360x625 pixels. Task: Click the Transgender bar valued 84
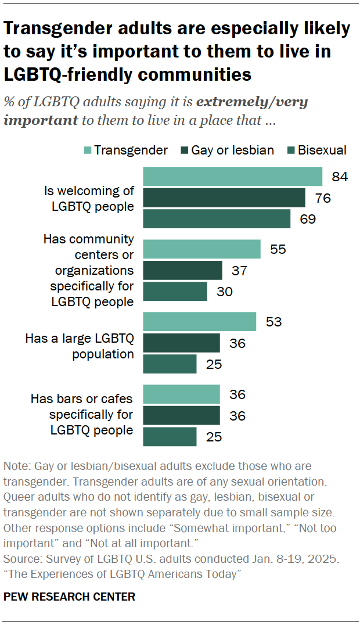point(232,177)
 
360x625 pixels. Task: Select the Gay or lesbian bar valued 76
point(224,197)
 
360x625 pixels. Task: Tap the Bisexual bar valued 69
point(216,219)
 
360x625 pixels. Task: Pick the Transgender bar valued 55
point(201,249)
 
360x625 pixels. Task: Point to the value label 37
point(239,270)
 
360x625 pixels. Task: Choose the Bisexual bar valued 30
point(175,292)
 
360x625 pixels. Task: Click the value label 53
point(273,322)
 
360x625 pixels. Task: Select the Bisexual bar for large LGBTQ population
point(170,364)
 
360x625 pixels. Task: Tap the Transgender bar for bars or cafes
point(181,394)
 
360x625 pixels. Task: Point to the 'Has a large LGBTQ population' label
point(80,346)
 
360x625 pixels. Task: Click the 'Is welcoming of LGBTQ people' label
point(89,198)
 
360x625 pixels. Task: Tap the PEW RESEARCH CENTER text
point(69,597)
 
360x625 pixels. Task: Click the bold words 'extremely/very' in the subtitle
point(252,102)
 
